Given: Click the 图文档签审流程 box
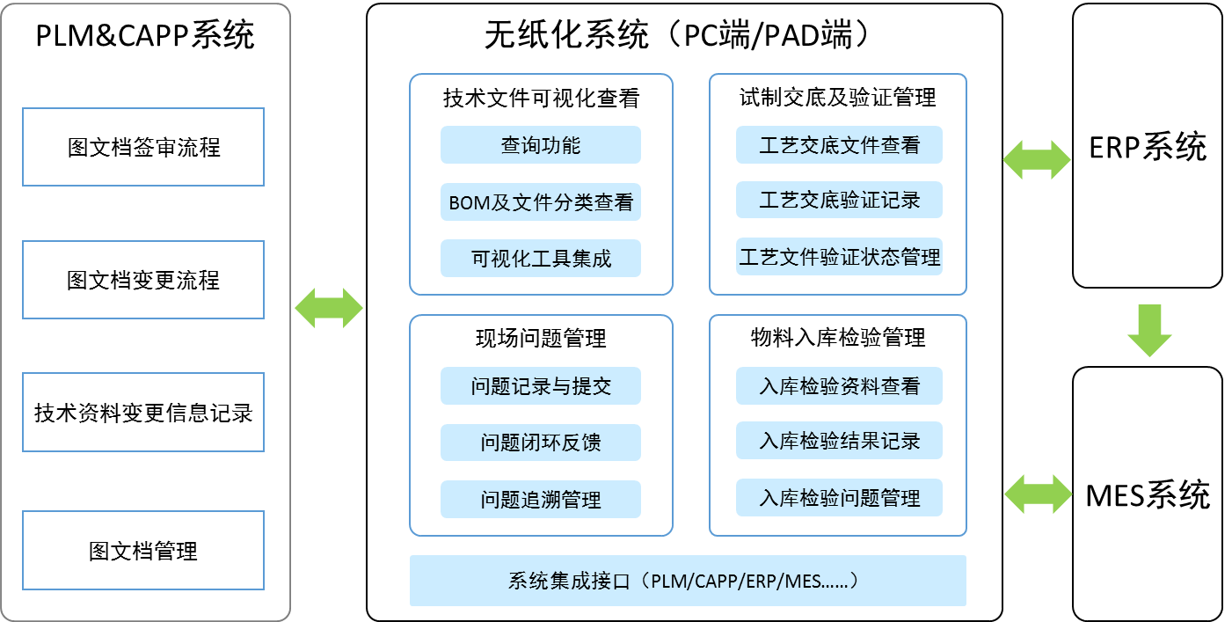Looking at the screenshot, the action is tap(143, 147).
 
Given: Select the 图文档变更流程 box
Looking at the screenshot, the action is tap(143, 280).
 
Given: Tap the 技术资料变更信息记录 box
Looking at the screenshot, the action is tap(143, 413).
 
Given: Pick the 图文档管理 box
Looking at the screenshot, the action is tap(143, 551).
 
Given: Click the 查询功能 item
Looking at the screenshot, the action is tap(541, 145).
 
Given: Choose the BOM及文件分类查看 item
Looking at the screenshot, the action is tap(541, 202).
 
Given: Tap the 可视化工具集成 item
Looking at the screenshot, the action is tap(541, 258).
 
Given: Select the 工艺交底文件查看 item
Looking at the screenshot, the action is tap(839, 145).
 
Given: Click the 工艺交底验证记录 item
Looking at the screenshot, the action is tap(839, 200).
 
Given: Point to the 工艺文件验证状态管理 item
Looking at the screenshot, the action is tap(839, 257).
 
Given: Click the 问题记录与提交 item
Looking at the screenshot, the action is tap(541, 386).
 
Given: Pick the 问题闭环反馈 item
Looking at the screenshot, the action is tap(541, 443).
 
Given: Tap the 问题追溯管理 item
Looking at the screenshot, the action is tap(541, 499).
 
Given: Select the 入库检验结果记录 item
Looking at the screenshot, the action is tap(839, 441).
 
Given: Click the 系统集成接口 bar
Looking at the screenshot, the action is tap(688, 581).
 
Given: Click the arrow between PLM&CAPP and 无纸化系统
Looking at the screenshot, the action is tap(329, 308).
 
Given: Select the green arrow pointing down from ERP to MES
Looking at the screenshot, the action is tap(1149, 330).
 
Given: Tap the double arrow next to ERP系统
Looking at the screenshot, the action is tap(1037, 159).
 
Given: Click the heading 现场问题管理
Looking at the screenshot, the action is tap(541, 338).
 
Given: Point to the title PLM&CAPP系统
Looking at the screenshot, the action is tap(144, 35).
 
